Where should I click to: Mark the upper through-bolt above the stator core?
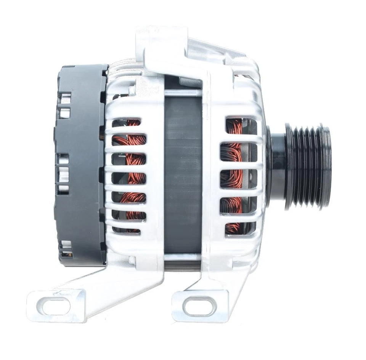click(x=182, y=93)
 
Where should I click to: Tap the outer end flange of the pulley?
click(x=326, y=167)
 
